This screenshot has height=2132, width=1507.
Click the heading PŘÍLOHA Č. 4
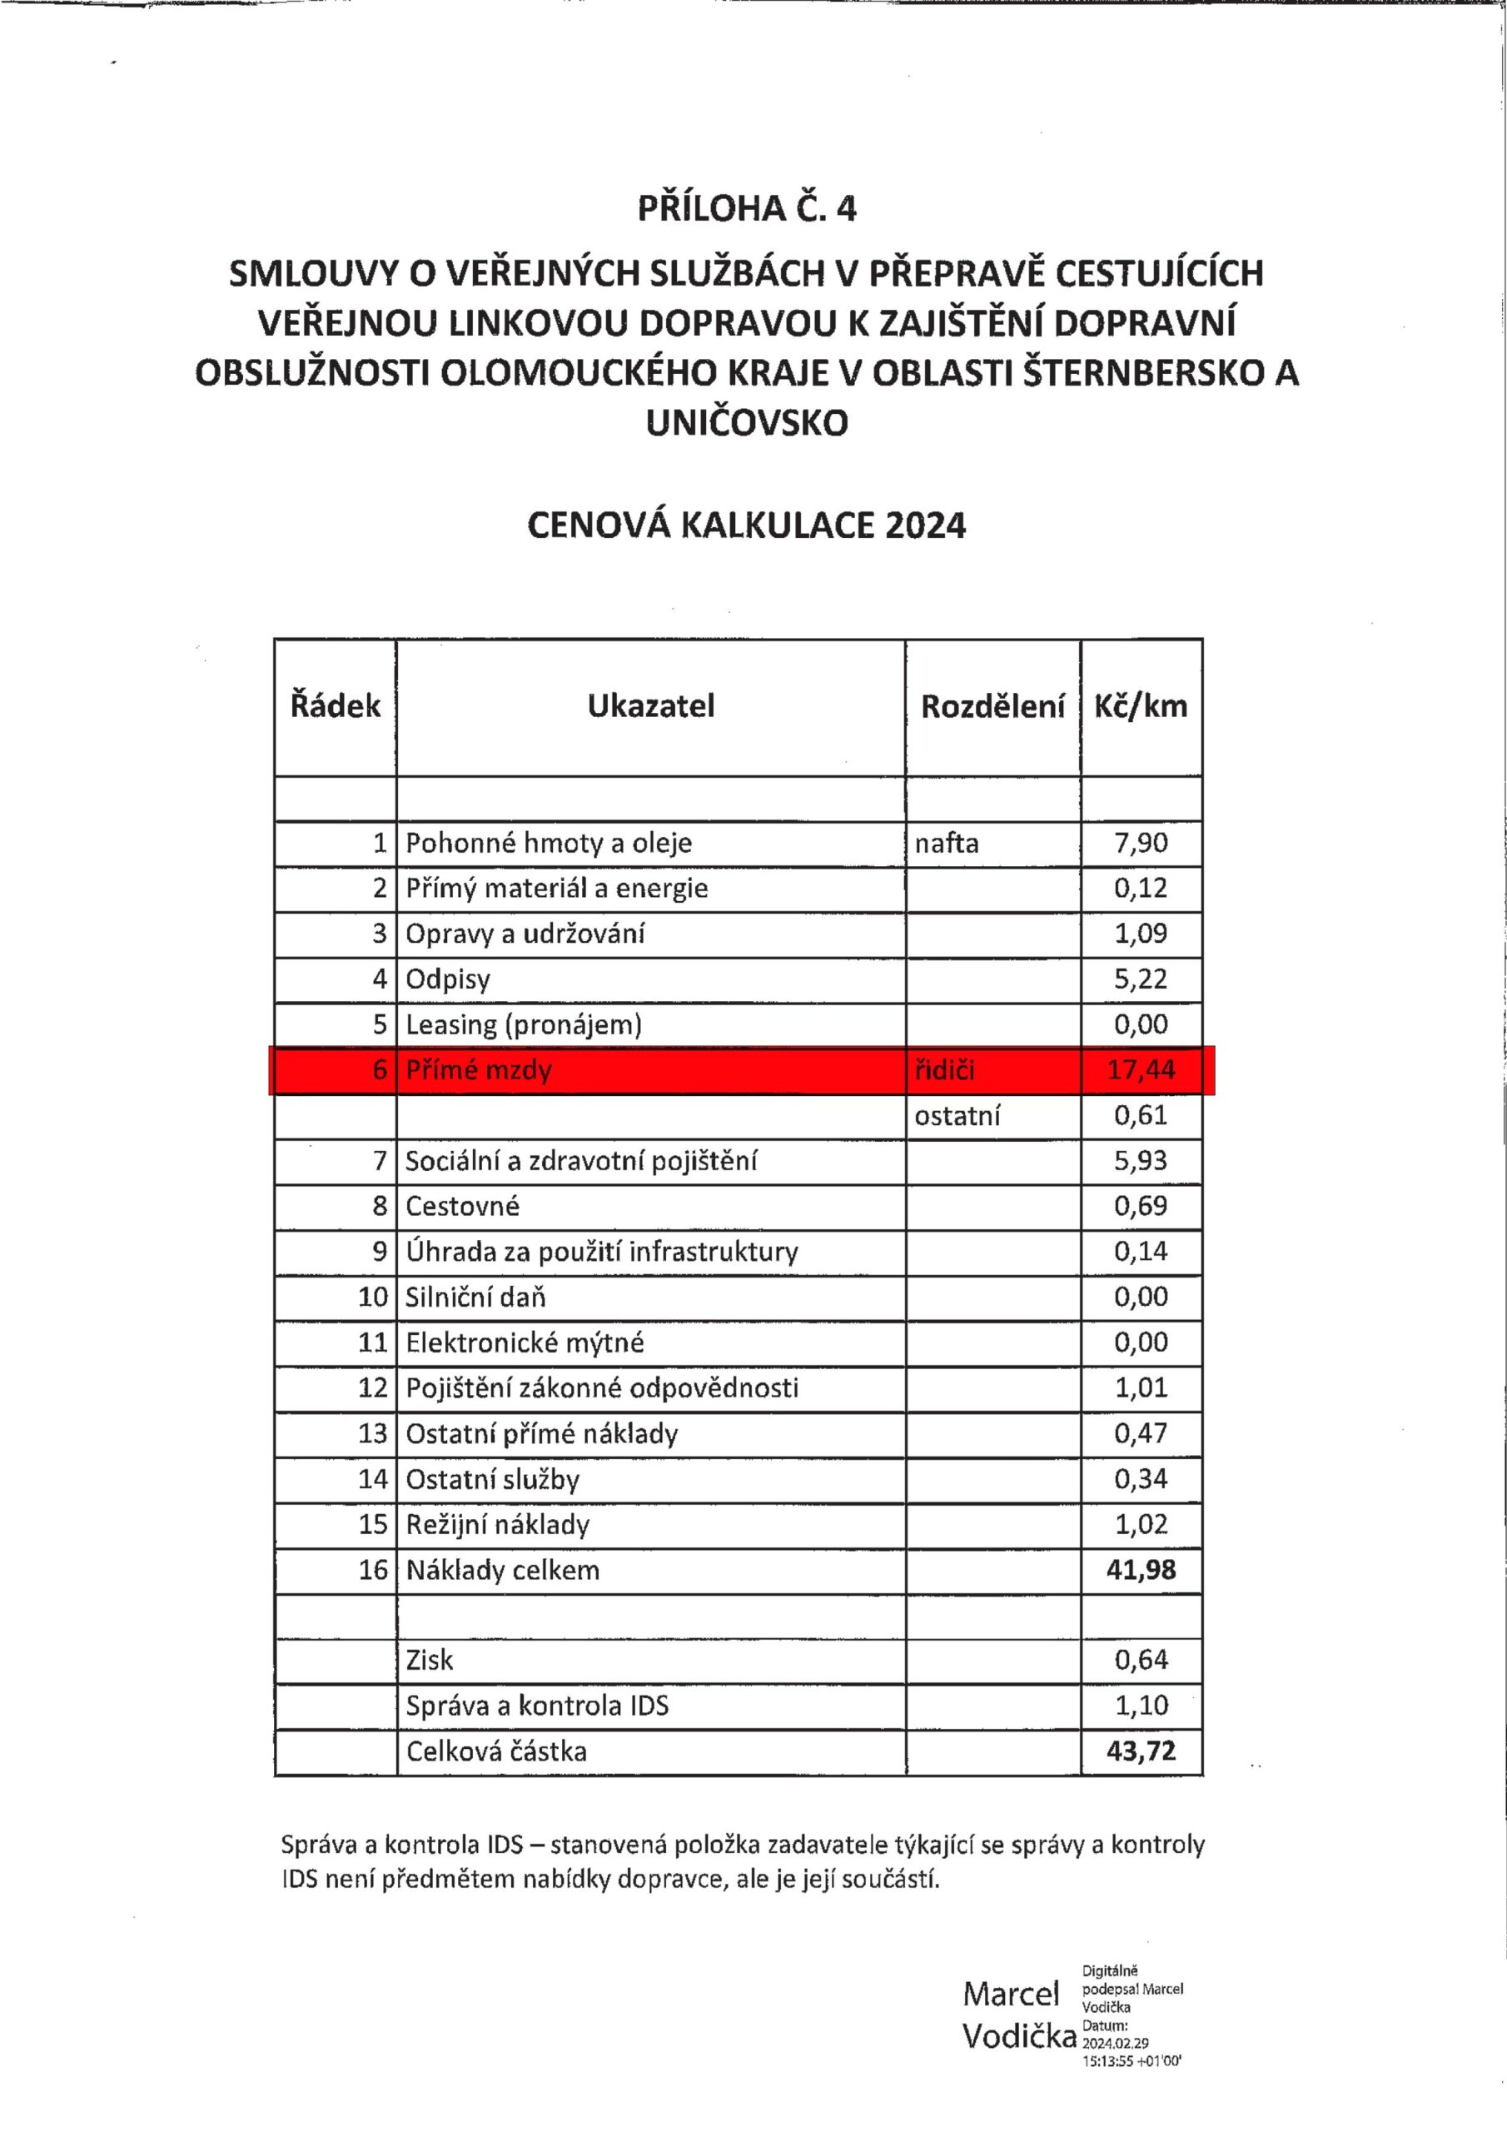click(747, 208)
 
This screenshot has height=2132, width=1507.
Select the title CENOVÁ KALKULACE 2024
click(747, 526)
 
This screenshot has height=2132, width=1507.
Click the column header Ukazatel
click(651, 705)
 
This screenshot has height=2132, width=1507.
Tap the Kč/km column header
click(1141, 705)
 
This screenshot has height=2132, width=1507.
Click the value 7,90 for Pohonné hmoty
click(1141, 843)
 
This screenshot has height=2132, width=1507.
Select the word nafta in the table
click(946, 843)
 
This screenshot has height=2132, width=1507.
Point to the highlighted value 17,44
click(1141, 1069)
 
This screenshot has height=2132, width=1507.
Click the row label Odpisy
click(448, 979)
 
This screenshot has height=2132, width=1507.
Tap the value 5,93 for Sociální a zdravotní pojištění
click(1141, 1161)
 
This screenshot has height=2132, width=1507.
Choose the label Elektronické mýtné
click(525, 1342)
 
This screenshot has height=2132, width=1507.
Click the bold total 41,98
click(1141, 1570)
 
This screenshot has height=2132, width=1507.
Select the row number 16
click(372, 1570)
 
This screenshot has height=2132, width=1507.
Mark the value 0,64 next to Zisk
click(1141, 1661)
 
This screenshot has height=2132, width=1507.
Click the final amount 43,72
click(1141, 1751)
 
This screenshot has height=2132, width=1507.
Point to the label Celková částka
click(497, 1752)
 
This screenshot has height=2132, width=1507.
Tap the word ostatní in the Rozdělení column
click(957, 1115)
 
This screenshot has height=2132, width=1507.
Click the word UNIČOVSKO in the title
click(747, 423)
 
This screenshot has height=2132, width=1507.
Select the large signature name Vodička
click(1018, 2036)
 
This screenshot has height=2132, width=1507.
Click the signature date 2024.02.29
click(1115, 2043)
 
